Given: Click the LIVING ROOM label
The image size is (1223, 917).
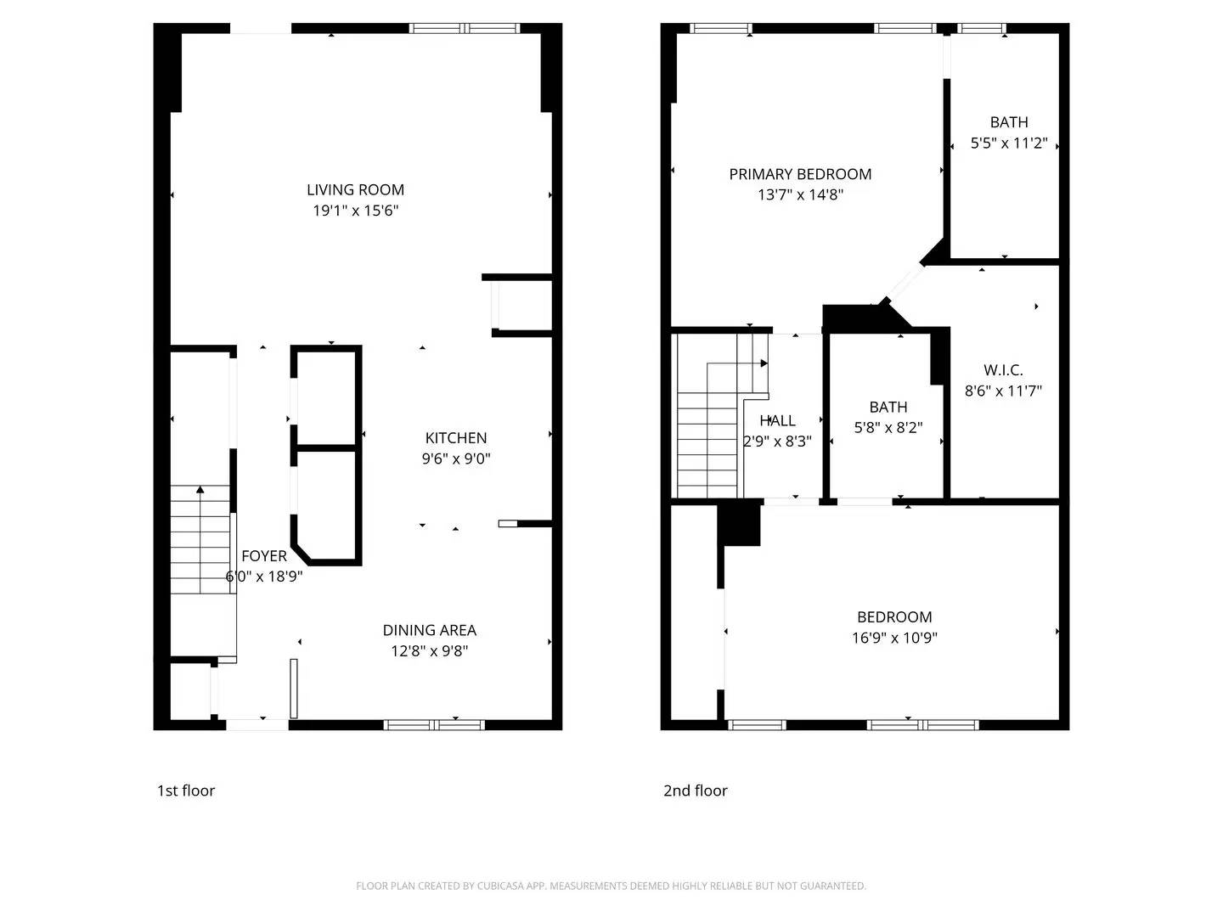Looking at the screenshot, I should click(355, 189).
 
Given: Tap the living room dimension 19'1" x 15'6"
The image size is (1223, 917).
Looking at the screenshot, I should click(355, 211).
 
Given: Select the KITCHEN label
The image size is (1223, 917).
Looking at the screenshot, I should click(456, 438).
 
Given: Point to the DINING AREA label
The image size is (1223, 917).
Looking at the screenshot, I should click(429, 630).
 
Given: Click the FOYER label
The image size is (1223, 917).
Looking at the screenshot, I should click(263, 556).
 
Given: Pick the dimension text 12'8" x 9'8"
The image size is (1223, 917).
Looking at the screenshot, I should click(429, 651).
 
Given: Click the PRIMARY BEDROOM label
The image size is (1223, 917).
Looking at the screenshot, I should click(800, 174).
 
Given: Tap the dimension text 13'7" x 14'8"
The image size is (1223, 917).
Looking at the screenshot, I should click(800, 194).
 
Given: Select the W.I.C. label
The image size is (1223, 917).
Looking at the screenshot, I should click(1003, 370).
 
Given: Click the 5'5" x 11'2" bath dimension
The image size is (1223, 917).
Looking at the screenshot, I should click(1009, 143).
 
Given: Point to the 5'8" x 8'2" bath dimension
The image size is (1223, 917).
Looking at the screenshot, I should click(888, 428).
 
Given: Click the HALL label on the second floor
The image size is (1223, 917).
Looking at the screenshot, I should click(777, 420).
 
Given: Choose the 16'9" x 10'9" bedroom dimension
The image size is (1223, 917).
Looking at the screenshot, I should click(894, 638).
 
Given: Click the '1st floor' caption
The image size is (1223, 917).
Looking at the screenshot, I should click(186, 790).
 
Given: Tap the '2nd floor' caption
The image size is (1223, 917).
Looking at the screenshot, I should click(695, 790).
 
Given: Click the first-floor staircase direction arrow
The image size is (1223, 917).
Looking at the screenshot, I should click(200, 490).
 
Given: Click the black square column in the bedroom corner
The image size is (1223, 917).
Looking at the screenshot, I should click(739, 524).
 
